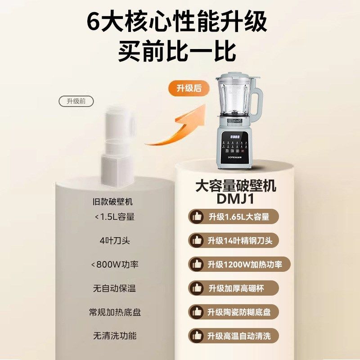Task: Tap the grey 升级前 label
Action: pyautogui.click(x=76, y=101)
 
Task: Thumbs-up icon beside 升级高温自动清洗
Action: pyautogui.click(x=197, y=336)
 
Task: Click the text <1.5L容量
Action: pyautogui.click(x=114, y=216)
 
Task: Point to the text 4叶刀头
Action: pyautogui.click(x=114, y=240)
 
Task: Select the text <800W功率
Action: pyautogui.click(x=114, y=264)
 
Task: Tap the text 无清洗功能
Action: pyautogui.click(x=114, y=336)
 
